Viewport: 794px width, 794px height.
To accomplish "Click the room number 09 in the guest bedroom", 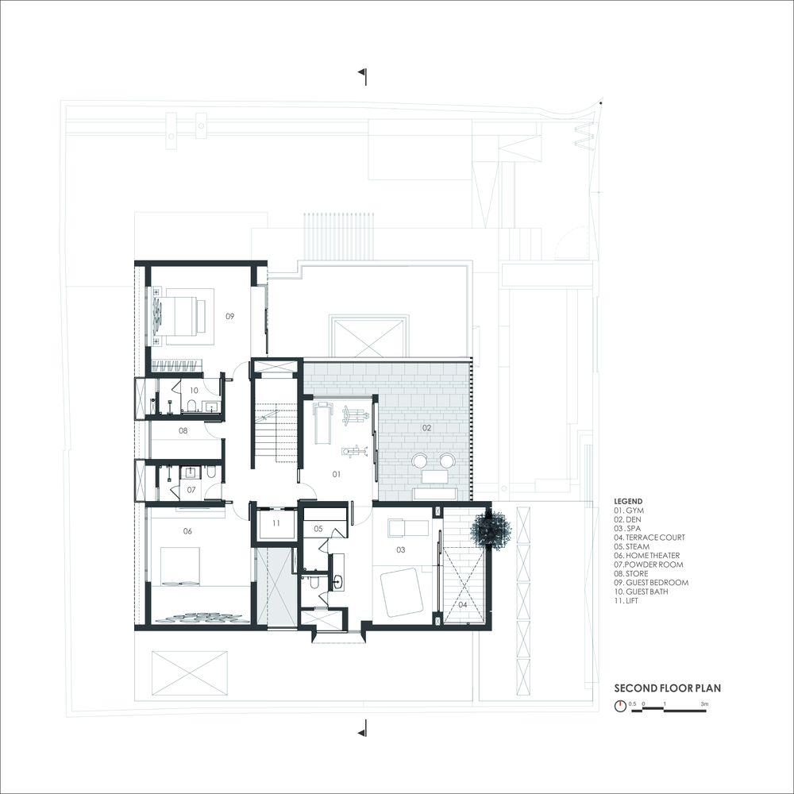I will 229,316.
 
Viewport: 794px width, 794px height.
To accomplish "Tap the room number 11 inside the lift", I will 276,523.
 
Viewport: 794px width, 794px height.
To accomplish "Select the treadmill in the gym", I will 322,423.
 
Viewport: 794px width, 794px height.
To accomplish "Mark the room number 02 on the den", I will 426,427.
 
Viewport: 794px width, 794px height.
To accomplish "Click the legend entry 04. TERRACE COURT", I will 649,538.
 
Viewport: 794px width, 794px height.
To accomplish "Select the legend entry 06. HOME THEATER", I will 649,556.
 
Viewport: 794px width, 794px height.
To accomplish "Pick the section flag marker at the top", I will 363,74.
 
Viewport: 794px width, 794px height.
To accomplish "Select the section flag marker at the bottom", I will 363,727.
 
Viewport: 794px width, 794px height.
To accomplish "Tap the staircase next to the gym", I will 276,433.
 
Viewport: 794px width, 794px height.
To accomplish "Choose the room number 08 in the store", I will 183,430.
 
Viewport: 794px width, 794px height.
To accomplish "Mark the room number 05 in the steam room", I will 318,528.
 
